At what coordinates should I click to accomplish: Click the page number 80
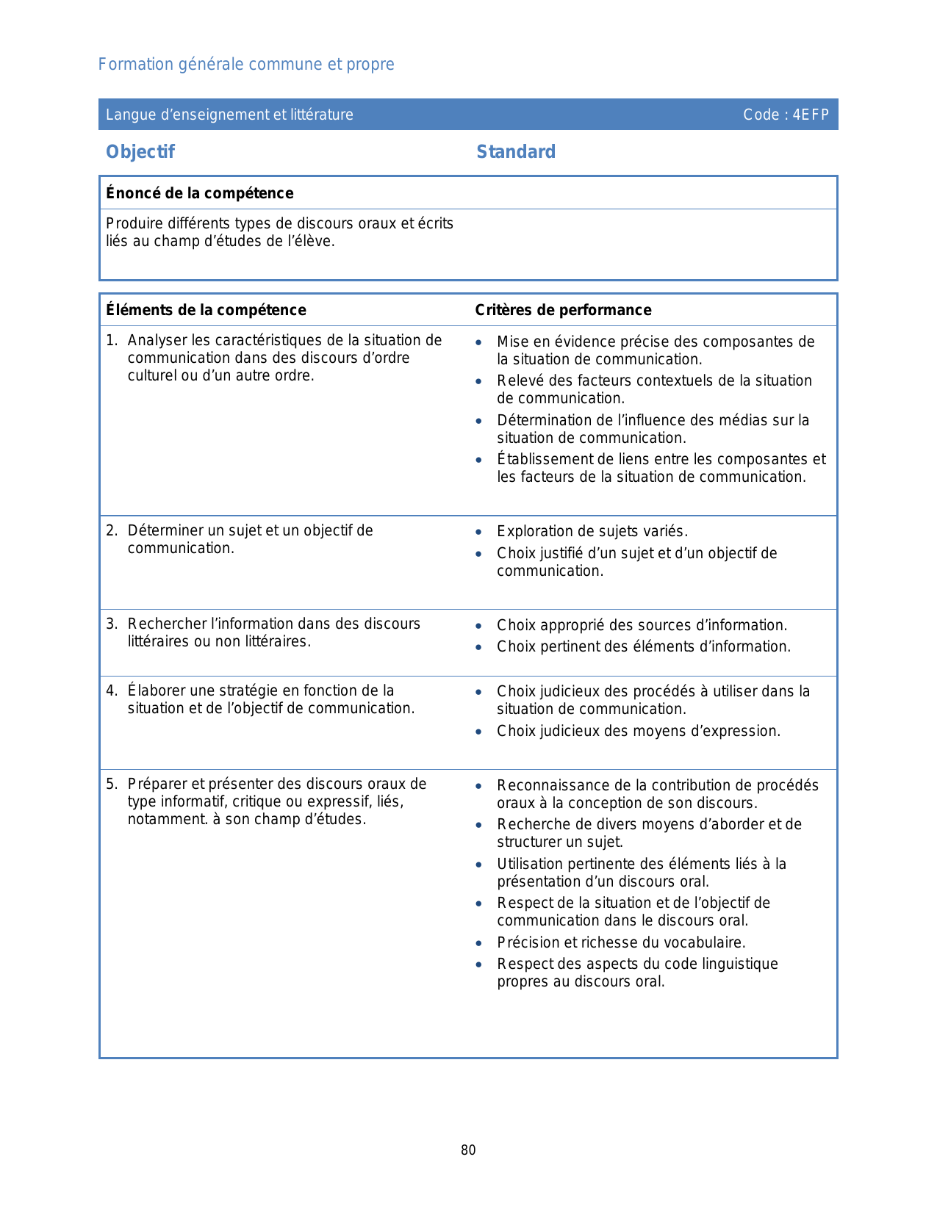pos(468,1150)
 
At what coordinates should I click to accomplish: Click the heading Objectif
pos(140,152)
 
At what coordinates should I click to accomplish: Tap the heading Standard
pos(516,152)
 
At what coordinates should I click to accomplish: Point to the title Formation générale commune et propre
pos(246,65)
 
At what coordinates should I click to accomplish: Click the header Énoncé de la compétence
pos(200,193)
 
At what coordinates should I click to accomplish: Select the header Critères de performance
pos(563,310)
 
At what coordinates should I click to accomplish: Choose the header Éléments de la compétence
pos(206,310)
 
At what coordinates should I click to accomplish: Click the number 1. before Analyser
pos(111,340)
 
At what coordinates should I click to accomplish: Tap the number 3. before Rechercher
pos(111,624)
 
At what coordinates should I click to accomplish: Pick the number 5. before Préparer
pos(111,784)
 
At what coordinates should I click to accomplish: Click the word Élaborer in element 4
pos(157,690)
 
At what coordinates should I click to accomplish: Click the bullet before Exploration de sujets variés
pos(479,532)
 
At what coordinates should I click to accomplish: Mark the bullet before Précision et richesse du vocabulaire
pos(479,943)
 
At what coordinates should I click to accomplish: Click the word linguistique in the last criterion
pos(738,964)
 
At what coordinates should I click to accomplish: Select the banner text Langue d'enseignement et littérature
pos(229,115)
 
